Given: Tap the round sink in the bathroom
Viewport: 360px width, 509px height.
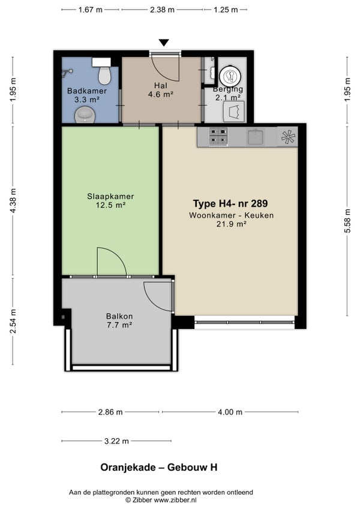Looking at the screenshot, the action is pyautogui.click(x=85, y=115).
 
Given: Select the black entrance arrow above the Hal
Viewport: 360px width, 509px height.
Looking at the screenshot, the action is pyautogui.click(x=164, y=43).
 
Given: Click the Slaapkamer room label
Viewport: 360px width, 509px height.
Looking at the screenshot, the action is pyautogui.click(x=110, y=197).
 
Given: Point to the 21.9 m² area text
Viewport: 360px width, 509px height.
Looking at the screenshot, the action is pyautogui.click(x=232, y=224).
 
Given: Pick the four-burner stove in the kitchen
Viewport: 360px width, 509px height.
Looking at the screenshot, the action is pyautogui.click(x=218, y=136).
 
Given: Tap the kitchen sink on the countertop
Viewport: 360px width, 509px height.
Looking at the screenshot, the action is pyautogui.click(x=256, y=136).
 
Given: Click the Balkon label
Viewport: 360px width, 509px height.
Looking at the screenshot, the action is pyautogui.click(x=119, y=316).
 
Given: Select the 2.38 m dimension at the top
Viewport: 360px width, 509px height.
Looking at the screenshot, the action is pyautogui.click(x=162, y=10).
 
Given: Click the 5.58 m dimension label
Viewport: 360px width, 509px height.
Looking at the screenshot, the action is pyautogui.click(x=347, y=221).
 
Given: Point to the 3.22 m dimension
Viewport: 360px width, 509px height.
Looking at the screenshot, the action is pyautogui.click(x=116, y=441).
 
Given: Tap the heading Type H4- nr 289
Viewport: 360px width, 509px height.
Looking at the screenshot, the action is pyautogui.click(x=230, y=203).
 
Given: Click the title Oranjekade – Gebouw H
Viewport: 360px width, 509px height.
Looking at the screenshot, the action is pyautogui.click(x=159, y=467).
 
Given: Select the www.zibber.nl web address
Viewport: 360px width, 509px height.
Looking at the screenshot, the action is pyautogui.click(x=175, y=500).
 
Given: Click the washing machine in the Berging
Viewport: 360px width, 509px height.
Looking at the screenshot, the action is pyautogui.click(x=233, y=112).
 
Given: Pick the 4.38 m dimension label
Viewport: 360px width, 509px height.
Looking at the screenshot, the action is pyautogui.click(x=13, y=201).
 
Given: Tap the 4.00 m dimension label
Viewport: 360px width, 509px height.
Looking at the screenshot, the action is pyautogui.click(x=230, y=412).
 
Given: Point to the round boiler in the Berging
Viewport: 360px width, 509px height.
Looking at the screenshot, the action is pyautogui.click(x=230, y=77).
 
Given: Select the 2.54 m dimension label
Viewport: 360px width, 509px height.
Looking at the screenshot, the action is pyautogui.click(x=13, y=321).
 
